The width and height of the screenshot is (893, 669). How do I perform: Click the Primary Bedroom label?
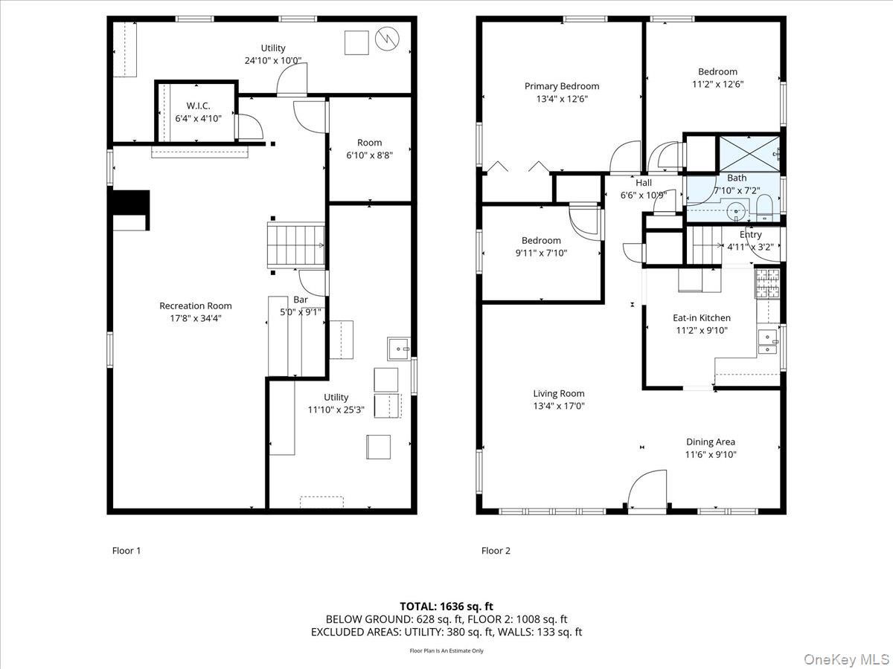pyautogui.click(x=561, y=86)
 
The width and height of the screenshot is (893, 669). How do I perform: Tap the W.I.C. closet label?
pyautogui.click(x=198, y=106)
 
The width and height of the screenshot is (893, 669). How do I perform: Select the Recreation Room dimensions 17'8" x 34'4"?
pyautogui.click(x=195, y=318)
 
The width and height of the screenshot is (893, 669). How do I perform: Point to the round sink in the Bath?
pyautogui.click(x=736, y=211)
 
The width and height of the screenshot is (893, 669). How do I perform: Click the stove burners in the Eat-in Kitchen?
pyautogui.click(x=767, y=282)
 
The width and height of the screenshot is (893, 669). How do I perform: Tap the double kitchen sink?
pyautogui.click(x=768, y=342)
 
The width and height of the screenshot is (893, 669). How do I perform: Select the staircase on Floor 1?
pyautogui.click(x=295, y=245)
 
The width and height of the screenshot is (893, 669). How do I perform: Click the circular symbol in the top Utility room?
pyautogui.click(x=387, y=39)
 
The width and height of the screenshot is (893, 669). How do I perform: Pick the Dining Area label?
pyautogui.click(x=711, y=442)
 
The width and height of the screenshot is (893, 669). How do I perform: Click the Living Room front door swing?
pyautogui.click(x=647, y=489)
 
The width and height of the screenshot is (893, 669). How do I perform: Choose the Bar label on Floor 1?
pyautogui.click(x=300, y=300)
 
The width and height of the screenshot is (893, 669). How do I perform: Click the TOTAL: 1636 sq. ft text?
pyautogui.click(x=446, y=607)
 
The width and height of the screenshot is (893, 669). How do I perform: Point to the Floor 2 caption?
pyautogui.click(x=496, y=551)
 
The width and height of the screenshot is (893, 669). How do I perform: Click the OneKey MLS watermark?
pyautogui.click(x=846, y=659)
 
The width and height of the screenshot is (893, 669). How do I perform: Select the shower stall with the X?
pyautogui.click(x=749, y=154)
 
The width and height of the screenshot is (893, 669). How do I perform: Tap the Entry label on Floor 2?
pyautogui.click(x=750, y=235)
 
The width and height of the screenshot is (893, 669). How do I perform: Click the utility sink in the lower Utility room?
pyautogui.click(x=399, y=349)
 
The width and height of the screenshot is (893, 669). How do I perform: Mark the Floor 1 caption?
pyautogui.click(x=126, y=551)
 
